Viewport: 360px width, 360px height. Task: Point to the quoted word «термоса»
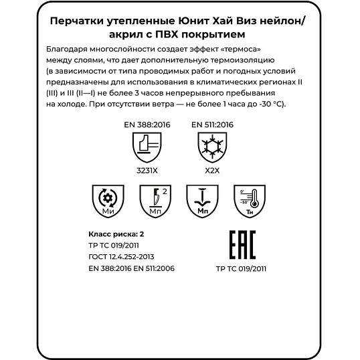click(236, 51)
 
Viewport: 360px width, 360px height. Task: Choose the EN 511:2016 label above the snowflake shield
click(212, 124)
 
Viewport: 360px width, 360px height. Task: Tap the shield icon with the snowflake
click(212, 147)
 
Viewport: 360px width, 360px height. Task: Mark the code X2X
click(212, 171)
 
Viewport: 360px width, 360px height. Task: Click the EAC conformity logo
click(242, 246)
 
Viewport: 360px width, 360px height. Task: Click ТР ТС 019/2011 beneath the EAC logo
click(242, 268)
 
